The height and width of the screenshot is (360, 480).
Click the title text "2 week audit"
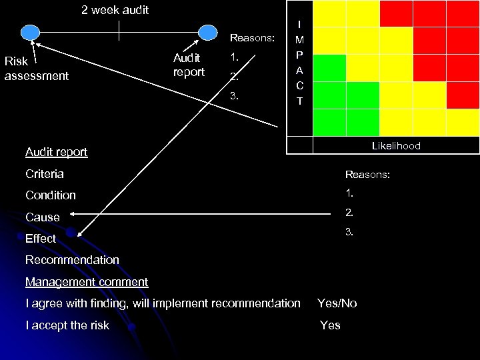pos(115,10)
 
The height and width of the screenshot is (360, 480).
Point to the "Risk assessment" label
pos(36,69)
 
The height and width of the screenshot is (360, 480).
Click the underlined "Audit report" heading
pos(56,152)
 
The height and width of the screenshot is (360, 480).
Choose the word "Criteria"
pos(45,174)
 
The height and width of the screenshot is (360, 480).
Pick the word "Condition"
pos(51,195)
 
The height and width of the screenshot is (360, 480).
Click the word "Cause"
pos(43,217)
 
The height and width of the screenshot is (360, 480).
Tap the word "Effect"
pos(41,239)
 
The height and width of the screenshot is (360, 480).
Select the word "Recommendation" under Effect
pos(72,260)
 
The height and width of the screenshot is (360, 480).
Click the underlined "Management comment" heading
pos(87,282)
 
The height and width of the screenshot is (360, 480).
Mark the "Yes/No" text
pos(337,303)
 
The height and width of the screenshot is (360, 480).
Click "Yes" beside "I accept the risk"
pos(330,325)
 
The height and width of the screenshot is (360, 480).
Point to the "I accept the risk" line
pos(67,325)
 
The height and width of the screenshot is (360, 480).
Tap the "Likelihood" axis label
pos(396,145)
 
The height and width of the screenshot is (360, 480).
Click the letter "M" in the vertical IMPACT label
pos(299,39)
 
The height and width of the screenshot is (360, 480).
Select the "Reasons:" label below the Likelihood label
pos(367,174)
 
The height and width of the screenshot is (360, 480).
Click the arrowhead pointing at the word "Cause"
pos(72,215)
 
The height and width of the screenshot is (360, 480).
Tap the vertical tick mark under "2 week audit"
pos(119,31)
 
